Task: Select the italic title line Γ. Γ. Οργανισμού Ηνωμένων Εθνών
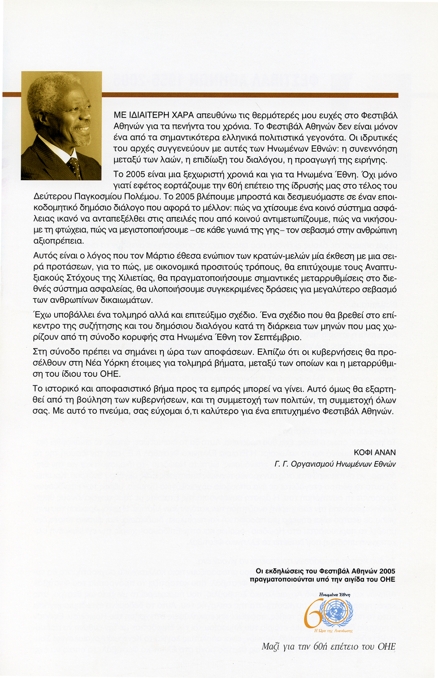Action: coord(335,463)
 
